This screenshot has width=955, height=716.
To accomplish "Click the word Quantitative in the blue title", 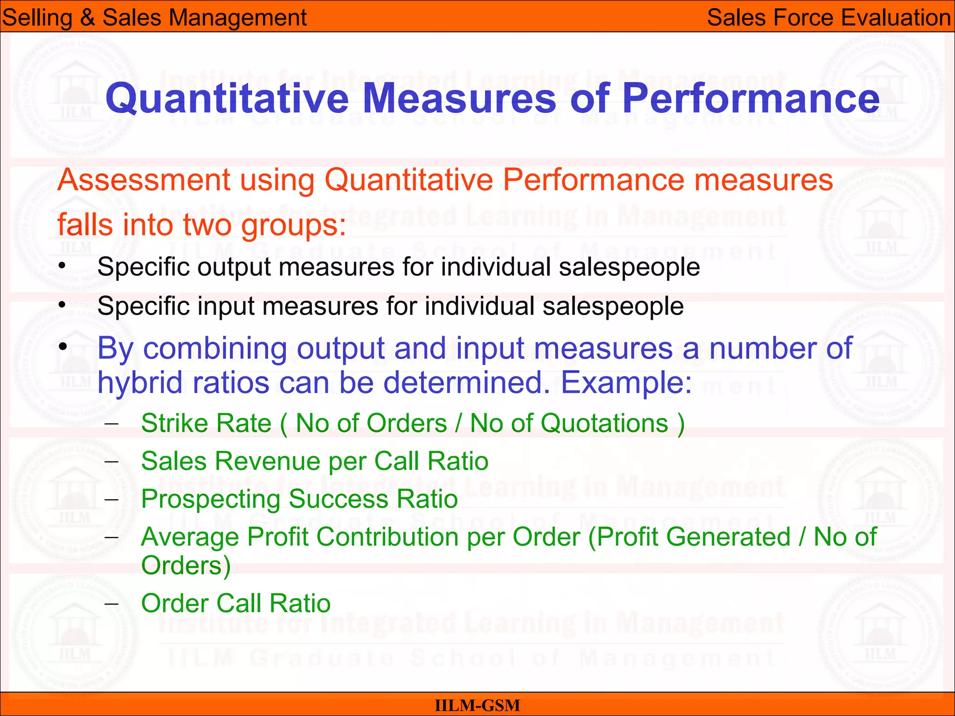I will pyautogui.click(x=227, y=99).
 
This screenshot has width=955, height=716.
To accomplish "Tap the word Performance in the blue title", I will pyautogui.click(x=750, y=99).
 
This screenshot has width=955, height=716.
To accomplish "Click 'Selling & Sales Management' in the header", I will pyautogui.click(x=154, y=18).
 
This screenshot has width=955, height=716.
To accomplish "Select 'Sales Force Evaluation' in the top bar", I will pyautogui.click(x=829, y=18).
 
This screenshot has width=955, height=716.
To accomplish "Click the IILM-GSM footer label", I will pyautogui.click(x=477, y=705).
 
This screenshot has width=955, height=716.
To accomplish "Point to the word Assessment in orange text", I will pyautogui.click(x=144, y=180).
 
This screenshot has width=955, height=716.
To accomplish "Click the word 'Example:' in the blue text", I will pyautogui.click(x=626, y=383).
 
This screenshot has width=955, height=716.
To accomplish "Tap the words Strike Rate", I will pyautogui.click(x=206, y=424).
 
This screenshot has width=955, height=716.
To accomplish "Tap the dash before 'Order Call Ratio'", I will pyautogui.click(x=111, y=604).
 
